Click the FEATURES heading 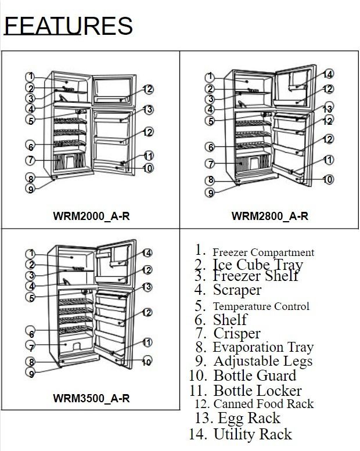(68, 26)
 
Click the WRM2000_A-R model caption (92, 216)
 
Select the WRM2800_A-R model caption (270, 216)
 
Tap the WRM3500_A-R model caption (92, 398)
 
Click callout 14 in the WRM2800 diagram (327, 74)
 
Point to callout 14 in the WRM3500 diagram (147, 253)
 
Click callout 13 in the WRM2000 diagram (148, 110)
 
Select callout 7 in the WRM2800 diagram (211, 164)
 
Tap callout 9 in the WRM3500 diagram (31, 373)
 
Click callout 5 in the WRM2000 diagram (31, 121)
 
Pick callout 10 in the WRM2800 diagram (327, 179)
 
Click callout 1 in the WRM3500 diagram (31, 254)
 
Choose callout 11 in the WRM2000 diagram (148, 156)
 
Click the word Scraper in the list (237, 290)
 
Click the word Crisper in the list (237, 334)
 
